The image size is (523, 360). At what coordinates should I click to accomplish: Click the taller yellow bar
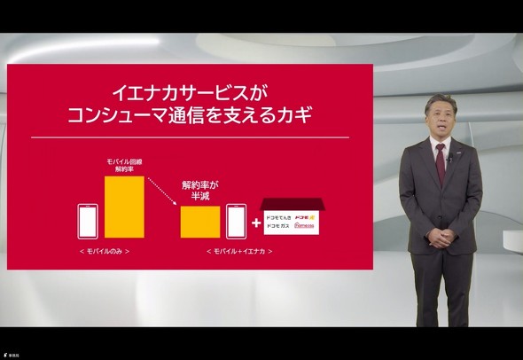point(124,207)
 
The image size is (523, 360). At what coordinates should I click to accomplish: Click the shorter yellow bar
point(200,222)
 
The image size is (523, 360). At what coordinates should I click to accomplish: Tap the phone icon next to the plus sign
point(235,221)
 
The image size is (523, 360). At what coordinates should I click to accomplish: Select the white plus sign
point(255,223)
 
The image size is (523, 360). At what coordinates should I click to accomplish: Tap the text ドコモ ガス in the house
point(282,228)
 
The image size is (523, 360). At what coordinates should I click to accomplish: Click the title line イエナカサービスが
point(191,91)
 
